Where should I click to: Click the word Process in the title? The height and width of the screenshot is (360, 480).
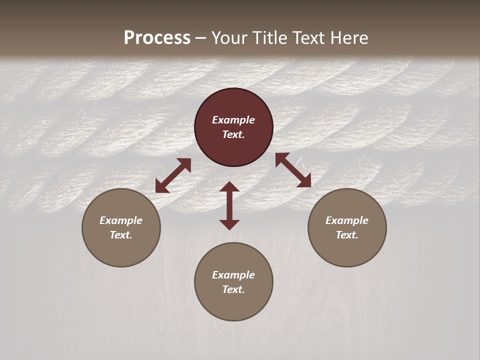tap(157, 38)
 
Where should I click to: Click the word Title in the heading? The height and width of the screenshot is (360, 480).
tap(269, 38)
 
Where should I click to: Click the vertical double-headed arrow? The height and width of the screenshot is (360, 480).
tap(229, 205)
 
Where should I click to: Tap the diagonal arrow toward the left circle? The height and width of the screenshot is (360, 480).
tap(173, 175)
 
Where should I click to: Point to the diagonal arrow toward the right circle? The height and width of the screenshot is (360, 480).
tap(293, 170)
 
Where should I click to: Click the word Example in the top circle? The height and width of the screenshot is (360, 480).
tap(233, 120)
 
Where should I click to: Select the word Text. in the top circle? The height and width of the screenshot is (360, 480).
tap(233, 134)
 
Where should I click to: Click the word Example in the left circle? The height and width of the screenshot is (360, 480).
tap(121, 220)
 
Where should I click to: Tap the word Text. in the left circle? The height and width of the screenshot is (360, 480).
tap(121, 235)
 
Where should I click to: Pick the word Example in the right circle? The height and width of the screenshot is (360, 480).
tap(347, 220)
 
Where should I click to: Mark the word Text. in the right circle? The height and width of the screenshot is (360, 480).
tap(347, 235)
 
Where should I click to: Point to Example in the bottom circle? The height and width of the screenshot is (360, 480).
tap(233, 275)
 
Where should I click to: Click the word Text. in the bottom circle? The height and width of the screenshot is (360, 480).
tap(233, 289)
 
